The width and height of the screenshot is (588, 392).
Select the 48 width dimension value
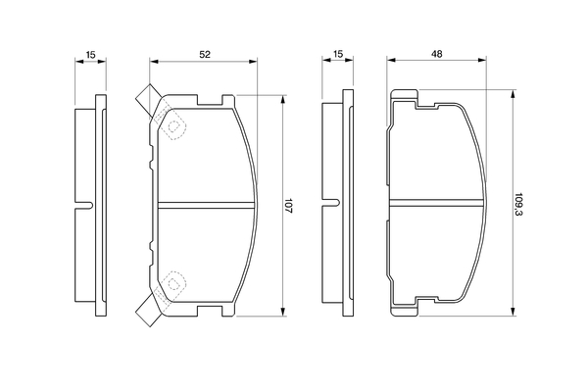(435, 56)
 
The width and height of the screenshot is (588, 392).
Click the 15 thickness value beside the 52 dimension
(89, 56)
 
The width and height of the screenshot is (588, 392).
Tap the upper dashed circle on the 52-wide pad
(175, 126)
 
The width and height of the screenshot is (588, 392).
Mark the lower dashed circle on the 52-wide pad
(175, 284)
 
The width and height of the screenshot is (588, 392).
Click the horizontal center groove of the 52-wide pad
(206, 205)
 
